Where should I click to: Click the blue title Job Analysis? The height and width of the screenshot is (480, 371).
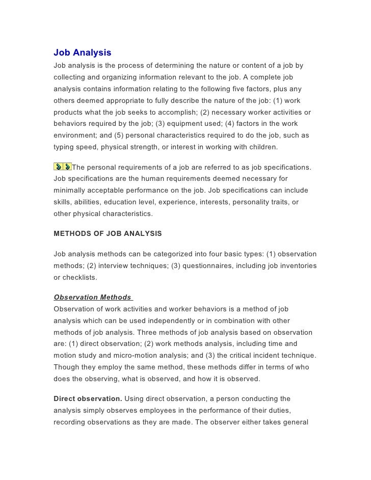coord(83,52)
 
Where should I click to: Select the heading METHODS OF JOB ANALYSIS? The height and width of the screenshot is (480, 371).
coord(108,233)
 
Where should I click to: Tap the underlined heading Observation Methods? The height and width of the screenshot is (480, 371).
coord(92,297)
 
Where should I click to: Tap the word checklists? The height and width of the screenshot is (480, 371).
coord(79,277)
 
